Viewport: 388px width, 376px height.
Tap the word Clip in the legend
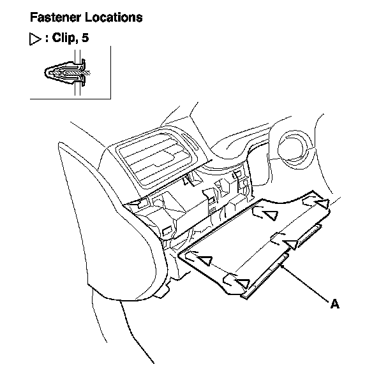click(x=65, y=38)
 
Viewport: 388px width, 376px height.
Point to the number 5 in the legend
click(x=86, y=38)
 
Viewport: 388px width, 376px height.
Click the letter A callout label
click(x=334, y=304)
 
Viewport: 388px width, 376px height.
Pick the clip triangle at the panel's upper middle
click(x=271, y=215)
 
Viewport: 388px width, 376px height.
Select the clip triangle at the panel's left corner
click(x=204, y=260)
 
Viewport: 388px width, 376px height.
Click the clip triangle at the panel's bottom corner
click(x=242, y=282)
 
